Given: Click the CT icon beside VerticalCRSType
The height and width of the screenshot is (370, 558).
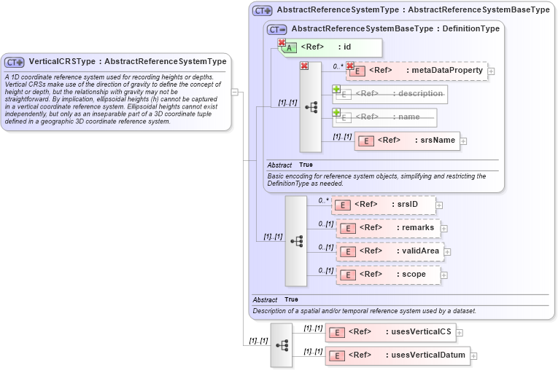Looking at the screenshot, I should (x=15, y=62).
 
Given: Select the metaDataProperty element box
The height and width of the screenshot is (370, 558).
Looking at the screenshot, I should (x=416, y=71).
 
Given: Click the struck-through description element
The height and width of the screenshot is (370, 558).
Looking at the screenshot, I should (x=391, y=94).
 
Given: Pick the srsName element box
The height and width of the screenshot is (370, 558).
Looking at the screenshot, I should (x=407, y=141).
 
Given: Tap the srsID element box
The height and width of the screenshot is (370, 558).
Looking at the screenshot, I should (x=384, y=205).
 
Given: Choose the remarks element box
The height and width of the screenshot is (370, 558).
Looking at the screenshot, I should (x=388, y=228).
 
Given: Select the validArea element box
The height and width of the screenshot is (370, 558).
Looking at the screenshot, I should (x=390, y=251).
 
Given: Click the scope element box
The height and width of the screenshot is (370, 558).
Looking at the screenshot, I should (x=388, y=275).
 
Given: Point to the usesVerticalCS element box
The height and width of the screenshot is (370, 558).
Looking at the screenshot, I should (x=390, y=333).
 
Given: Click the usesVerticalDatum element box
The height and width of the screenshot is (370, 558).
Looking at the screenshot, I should (x=397, y=355).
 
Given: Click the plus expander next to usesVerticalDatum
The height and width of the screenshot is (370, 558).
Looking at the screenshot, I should (x=474, y=356).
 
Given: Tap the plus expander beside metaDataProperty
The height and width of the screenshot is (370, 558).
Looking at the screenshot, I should (x=491, y=71).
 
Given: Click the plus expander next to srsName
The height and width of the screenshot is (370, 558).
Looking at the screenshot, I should (x=464, y=141).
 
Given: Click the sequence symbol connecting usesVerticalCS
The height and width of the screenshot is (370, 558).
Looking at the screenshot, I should (x=281, y=345).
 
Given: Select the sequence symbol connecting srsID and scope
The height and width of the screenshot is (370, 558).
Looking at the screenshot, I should (x=296, y=240).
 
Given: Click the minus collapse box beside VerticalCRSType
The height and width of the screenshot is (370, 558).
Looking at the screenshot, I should (x=235, y=92).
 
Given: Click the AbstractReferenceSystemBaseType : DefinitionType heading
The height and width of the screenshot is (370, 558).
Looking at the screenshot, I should (x=395, y=29).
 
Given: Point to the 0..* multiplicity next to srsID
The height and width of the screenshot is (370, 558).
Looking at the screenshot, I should (x=323, y=200).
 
